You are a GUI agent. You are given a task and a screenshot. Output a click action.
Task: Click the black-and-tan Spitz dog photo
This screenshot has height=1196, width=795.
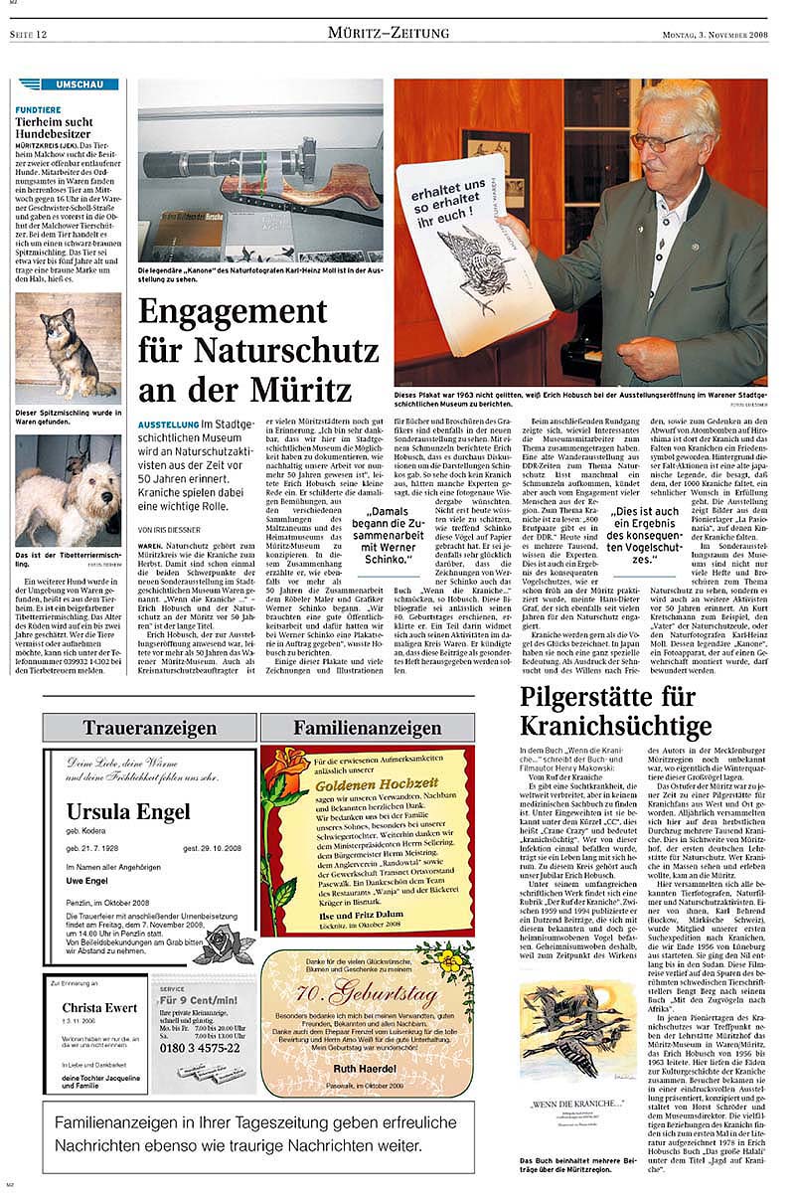pyautogui.click(x=68, y=347)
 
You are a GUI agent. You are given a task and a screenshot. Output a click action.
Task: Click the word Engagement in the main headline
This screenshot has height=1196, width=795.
pyautogui.click(x=257, y=312)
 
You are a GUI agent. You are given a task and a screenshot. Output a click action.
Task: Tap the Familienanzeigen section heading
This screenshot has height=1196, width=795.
pyautogui.click(x=367, y=728)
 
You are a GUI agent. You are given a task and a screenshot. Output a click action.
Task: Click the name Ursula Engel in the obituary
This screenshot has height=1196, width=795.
pyautogui.click(x=128, y=812)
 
